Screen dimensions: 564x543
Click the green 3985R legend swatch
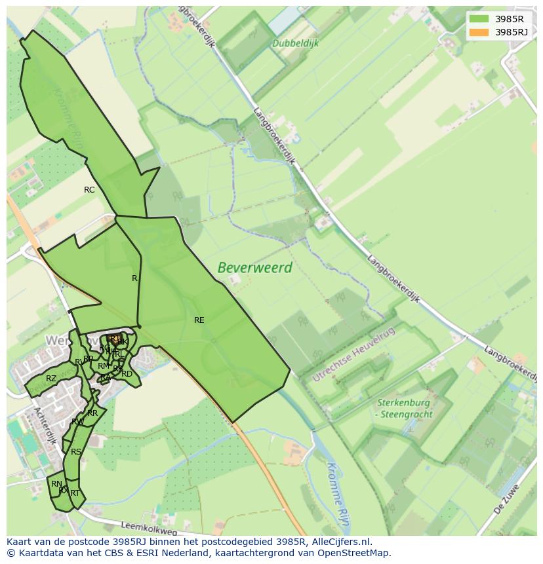[479, 19]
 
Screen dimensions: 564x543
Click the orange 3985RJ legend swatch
[479, 32]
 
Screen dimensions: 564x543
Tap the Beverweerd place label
[254, 268]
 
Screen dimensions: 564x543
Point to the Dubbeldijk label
[294, 43]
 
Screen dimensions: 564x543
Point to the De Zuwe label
[508, 497]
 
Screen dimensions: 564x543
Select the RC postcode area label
[89, 190]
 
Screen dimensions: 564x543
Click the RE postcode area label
[199, 320]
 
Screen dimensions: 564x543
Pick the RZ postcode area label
[51, 379]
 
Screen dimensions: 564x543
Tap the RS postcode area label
[76, 452]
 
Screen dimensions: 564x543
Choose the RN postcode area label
[56, 484]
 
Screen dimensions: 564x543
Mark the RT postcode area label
[75, 493]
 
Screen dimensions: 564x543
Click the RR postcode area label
[92, 413]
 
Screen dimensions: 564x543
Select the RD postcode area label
[127, 374]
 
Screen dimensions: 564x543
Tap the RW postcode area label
[77, 421]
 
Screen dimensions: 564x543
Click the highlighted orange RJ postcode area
[115, 339]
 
